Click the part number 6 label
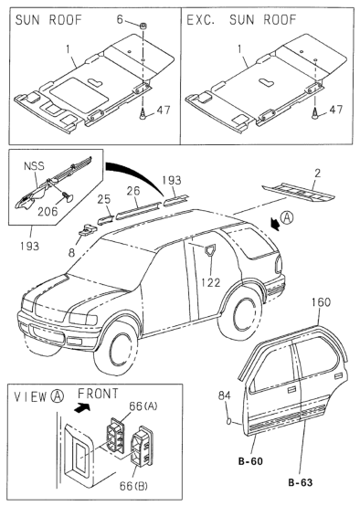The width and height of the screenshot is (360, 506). (120, 19)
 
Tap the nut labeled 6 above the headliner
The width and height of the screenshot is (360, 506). (142, 26)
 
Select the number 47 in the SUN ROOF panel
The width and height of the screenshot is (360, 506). (163, 110)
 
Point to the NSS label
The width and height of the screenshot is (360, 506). (34, 166)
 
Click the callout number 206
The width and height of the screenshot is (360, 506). (48, 211)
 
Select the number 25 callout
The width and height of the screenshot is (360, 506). (104, 199)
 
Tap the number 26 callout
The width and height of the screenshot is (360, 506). (133, 191)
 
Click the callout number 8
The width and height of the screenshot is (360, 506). (71, 253)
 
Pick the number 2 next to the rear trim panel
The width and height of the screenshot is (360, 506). (318, 174)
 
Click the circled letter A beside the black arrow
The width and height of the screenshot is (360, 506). (287, 218)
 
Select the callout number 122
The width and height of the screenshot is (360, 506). (210, 282)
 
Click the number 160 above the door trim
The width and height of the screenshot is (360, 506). (322, 302)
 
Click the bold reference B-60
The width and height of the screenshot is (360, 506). (250, 461)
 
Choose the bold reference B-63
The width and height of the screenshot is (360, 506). (301, 482)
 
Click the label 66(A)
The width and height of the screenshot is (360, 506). (143, 406)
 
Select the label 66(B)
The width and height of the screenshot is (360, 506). (133, 486)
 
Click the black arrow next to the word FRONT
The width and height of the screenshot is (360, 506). (82, 407)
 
